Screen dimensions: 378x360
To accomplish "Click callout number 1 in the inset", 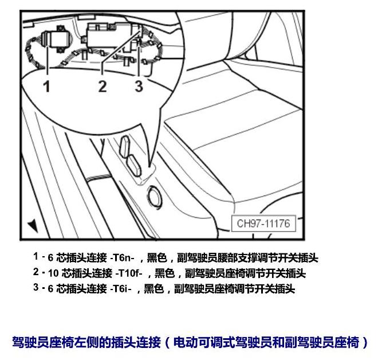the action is coord(47,86).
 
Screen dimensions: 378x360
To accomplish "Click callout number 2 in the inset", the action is coord(103,86).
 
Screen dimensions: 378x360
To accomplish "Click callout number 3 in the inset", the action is coord(139,86).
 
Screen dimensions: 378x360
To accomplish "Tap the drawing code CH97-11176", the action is coord(263,224).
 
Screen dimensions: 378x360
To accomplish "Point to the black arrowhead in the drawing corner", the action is coord(33,226).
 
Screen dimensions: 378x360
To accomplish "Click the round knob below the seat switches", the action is coord(155,196).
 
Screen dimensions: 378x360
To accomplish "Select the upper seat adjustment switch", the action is coord(125,146).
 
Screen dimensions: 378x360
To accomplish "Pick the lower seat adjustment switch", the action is coord(133,166).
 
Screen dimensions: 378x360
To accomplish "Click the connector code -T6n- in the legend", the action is coord(122,258).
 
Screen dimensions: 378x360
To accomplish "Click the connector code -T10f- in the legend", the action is coord(129,273).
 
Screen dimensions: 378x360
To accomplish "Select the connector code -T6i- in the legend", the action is coord(121,288).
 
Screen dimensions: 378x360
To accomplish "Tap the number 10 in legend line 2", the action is coord(53,273).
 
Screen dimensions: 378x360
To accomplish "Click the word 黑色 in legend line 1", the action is coord(157,258).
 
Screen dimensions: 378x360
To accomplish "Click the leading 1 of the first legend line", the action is coord(36,256).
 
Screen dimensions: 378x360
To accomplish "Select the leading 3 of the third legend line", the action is coord(36,287).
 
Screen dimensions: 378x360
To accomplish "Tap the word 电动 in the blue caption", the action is coord(186,342).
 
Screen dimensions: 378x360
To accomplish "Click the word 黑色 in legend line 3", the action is coord(154,288).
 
